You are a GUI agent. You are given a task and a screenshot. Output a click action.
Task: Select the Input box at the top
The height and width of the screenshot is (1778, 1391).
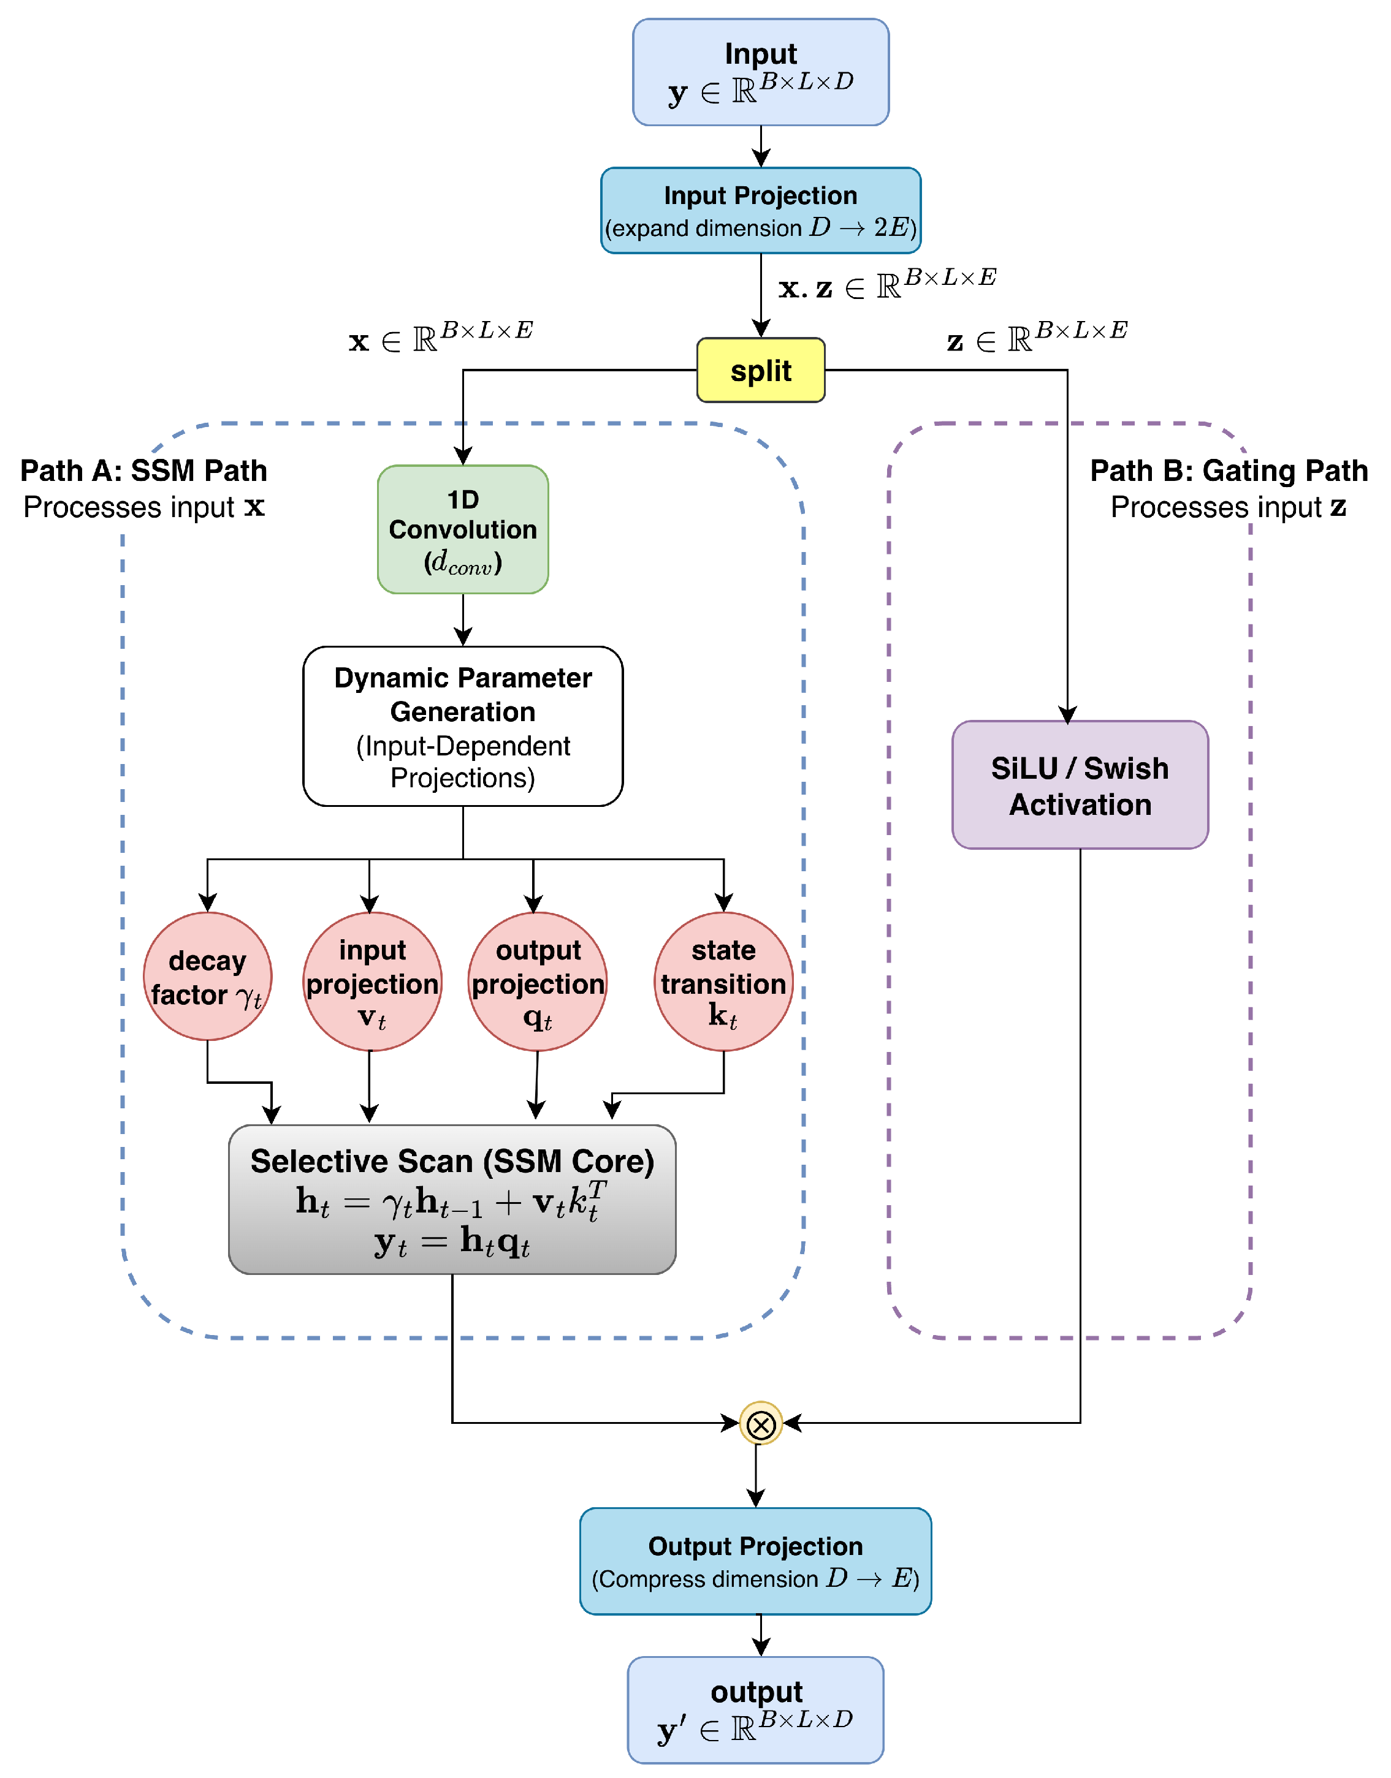tap(761, 72)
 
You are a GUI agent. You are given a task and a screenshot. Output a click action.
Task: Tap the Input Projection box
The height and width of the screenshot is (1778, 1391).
tap(761, 211)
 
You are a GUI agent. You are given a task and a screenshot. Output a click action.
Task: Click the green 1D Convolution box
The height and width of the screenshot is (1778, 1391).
tap(463, 529)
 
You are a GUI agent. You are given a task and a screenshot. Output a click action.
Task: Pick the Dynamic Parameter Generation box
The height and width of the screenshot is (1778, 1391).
tap(463, 726)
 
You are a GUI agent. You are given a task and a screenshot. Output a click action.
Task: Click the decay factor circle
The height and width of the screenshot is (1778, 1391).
tap(208, 976)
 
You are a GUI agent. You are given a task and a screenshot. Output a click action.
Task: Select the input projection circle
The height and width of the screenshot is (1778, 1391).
tap(372, 982)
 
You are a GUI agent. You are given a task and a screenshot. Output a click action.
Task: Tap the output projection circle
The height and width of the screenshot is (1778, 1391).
tap(538, 982)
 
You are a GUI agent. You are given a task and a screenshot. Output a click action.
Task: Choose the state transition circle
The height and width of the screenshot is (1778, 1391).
tap(723, 982)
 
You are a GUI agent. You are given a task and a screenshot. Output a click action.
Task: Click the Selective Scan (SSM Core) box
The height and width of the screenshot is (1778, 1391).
tap(452, 1199)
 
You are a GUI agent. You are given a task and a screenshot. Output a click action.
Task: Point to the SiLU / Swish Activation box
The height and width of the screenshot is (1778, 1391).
tap(1080, 785)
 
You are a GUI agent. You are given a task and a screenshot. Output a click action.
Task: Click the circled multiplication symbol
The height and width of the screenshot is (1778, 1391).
tap(761, 1423)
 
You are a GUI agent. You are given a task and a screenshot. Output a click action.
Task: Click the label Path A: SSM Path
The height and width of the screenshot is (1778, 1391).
tap(143, 471)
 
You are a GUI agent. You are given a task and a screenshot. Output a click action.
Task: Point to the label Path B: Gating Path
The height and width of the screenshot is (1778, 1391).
tap(1229, 471)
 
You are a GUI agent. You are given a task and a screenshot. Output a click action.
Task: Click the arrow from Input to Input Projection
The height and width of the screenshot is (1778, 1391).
tap(761, 146)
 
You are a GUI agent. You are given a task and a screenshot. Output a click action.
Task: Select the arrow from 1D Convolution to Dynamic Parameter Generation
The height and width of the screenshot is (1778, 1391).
tap(463, 619)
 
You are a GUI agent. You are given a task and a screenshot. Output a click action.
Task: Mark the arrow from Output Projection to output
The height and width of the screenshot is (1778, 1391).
tap(761, 1635)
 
